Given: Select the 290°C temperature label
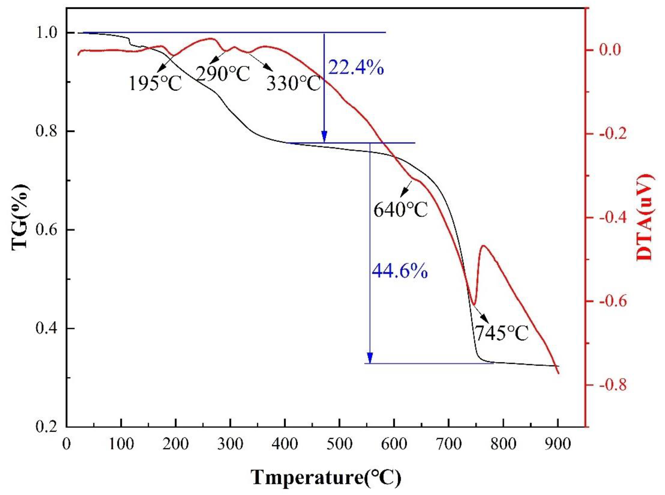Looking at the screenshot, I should tap(223, 74).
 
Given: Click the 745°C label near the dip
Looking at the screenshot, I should tap(502, 333).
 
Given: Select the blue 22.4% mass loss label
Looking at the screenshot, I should tap(356, 68).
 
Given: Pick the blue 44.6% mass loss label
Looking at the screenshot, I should tap(399, 271).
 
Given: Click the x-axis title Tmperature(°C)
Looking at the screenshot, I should tap(326, 478).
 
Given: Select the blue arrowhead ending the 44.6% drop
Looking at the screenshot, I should tap(370, 358).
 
